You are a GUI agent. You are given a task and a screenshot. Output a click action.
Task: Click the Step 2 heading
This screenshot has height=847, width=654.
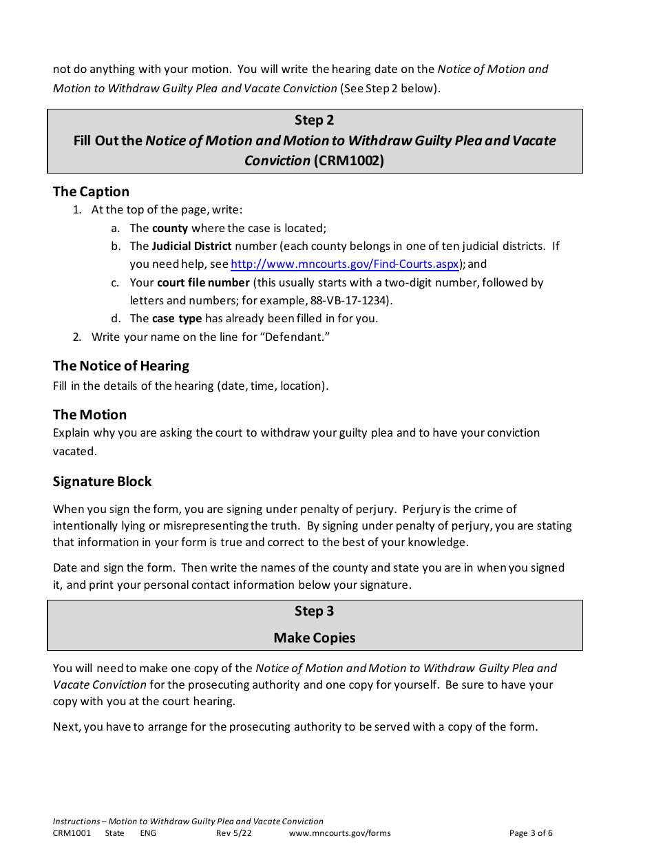pos(314,120)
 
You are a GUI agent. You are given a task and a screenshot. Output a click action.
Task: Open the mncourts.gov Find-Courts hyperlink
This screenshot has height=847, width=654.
pos(344,264)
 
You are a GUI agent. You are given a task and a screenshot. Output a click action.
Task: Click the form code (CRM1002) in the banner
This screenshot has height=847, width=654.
pos(348,160)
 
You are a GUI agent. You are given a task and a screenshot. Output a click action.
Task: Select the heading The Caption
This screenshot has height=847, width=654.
pos(91,191)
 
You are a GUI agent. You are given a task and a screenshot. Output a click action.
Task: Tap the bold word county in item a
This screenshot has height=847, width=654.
pos(169,228)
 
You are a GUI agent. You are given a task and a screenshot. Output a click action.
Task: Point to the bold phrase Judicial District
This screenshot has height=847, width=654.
pos(191,246)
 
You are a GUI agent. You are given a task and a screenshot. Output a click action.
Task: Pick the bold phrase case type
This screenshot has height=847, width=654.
pos(177,318)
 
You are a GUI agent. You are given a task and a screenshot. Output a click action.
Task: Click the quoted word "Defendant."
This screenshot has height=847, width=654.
pos(292,337)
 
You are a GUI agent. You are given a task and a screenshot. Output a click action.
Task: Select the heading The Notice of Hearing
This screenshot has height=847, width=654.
pos(121,366)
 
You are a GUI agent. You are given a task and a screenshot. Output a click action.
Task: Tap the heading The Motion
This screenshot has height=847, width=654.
pos(89,415)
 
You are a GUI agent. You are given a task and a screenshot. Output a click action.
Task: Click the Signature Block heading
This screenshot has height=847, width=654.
pos(102,481)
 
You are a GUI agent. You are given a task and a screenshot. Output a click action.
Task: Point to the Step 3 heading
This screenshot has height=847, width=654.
pos(314,611)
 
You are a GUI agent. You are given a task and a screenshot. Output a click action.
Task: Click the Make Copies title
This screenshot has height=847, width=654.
pos(314,638)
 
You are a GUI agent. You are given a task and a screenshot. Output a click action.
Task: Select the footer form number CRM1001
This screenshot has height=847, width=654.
pos(72,833)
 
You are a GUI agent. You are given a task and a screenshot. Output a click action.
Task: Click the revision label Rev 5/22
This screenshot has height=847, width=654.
pos(234,833)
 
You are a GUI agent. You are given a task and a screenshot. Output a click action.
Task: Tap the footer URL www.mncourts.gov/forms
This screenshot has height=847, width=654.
pos(339,833)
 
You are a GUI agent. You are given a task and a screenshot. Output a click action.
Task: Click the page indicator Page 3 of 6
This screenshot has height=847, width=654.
pos(531,833)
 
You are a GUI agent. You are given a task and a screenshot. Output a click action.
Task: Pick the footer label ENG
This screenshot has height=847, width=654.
pos(148,833)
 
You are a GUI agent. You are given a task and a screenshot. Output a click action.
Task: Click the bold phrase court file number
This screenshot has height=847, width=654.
pos(203,282)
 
